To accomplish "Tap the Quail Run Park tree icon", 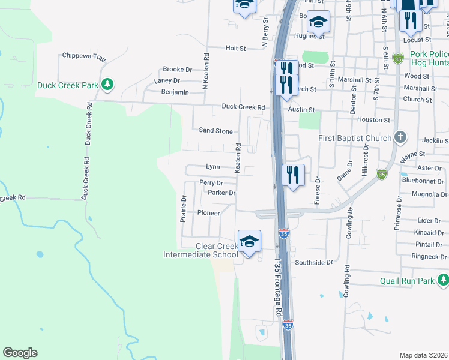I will click(x=443, y=280).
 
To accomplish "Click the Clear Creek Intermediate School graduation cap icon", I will click(x=249, y=241).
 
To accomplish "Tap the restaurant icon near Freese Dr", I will click(x=292, y=175).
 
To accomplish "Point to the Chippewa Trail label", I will click(x=84, y=56).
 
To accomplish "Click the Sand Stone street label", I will click(x=215, y=131).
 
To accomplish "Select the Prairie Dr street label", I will click(x=184, y=208).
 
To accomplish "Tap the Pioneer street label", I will click(x=209, y=212).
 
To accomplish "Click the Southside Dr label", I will click(x=313, y=263).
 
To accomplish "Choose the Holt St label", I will click(x=236, y=48).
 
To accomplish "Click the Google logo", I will click(x=20, y=353).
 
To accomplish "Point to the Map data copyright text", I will click(x=423, y=355).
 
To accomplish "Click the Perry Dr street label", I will click(x=211, y=182).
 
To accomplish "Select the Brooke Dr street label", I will click(x=177, y=70).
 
